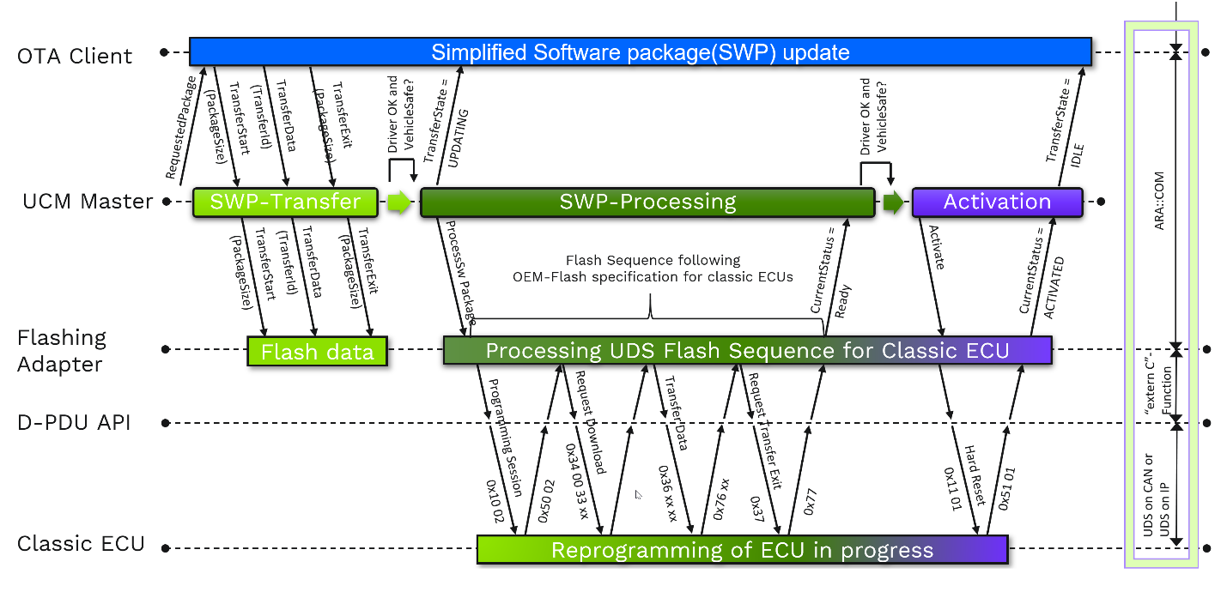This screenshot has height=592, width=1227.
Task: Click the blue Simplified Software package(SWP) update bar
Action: coord(640,52)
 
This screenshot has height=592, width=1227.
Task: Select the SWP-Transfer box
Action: coord(285,202)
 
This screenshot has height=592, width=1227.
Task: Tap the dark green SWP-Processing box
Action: coord(647,202)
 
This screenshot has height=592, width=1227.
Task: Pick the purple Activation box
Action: coord(997,202)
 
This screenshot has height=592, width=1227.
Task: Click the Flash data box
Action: coord(317,352)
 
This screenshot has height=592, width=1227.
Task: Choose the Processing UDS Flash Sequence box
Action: coord(747,350)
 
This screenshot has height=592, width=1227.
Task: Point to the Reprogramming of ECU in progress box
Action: coord(742,550)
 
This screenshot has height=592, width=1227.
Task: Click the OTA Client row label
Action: coord(75,57)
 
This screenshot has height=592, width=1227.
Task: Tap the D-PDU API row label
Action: coord(73,422)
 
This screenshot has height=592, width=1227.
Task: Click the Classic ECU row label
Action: coord(81,544)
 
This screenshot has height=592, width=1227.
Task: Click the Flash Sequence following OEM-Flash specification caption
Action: coord(652,268)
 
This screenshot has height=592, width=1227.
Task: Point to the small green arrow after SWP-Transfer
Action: coord(398,202)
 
